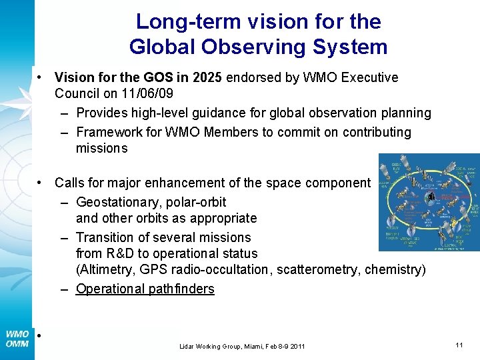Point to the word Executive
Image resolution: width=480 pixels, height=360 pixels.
(369, 77)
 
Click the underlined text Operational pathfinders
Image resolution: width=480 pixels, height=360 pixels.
(145, 289)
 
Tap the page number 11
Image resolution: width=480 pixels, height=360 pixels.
(459, 345)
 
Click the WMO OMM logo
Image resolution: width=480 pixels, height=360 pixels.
(17, 339)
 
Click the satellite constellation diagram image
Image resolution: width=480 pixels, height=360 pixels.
(428, 202)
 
